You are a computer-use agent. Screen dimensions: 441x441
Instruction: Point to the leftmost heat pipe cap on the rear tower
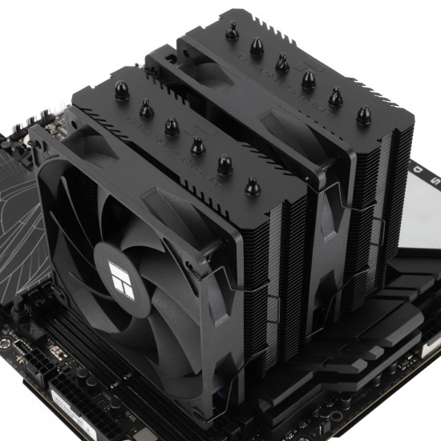click(x=232, y=33)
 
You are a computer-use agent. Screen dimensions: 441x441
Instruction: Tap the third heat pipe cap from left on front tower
click(x=170, y=127)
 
